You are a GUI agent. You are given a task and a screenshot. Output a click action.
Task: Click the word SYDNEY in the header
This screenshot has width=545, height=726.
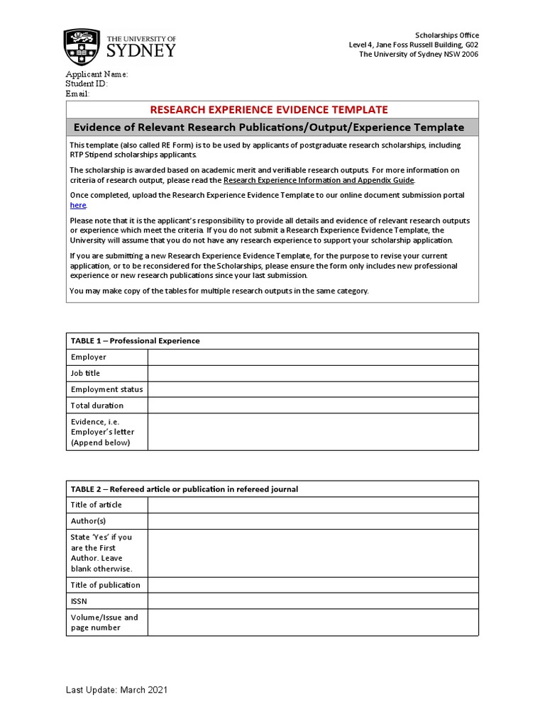click(141, 51)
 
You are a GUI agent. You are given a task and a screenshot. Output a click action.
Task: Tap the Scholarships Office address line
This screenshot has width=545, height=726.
click(414, 45)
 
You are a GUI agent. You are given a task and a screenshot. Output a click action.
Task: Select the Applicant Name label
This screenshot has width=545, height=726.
click(97, 74)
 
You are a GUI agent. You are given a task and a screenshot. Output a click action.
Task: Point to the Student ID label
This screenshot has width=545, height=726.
click(87, 84)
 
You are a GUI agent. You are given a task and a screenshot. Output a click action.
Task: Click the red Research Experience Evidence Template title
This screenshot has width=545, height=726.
click(269, 109)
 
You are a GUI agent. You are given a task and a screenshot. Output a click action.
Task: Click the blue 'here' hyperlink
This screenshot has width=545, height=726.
click(77, 205)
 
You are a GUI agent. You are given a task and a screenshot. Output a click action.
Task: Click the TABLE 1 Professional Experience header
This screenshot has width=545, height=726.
click(135, 340)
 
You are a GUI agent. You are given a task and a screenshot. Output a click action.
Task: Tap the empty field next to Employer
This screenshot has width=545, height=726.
click(313, 357)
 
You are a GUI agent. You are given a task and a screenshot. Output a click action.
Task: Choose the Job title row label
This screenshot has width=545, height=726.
click(85, 373)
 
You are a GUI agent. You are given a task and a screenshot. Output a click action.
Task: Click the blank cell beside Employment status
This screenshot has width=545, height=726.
click(313, 389)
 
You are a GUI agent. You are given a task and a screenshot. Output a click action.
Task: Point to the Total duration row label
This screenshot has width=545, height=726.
click(97, 406)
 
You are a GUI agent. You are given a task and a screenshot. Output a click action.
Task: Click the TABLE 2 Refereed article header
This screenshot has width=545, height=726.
click(184, 488)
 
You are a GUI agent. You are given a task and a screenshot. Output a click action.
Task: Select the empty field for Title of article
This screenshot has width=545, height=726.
click(313, 505)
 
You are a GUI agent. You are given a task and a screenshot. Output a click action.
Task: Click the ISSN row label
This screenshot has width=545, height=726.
click(79, 601)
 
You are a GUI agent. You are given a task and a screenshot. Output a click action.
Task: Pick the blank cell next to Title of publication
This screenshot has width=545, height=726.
click(313, 585)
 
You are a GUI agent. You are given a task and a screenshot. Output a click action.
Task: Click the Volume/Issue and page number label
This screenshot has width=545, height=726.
click(104, 622)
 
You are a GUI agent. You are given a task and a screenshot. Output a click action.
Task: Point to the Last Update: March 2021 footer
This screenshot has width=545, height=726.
click(117, 690)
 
